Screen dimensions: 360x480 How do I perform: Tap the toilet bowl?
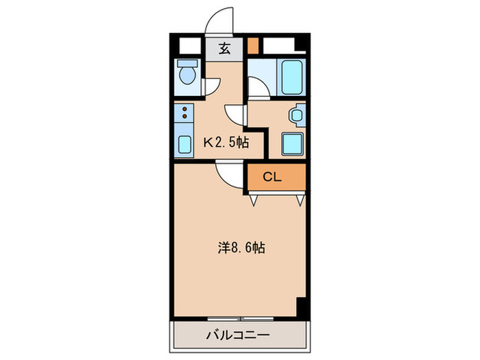click(x=186, y=72)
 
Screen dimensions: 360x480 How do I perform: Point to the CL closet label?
click(x=273, y=178)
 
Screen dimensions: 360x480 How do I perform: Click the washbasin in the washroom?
click(x=297, y=116)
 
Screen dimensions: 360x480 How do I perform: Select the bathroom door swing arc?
click(x=258, y=88)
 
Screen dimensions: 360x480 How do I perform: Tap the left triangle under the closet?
click(x=253, y=200)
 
